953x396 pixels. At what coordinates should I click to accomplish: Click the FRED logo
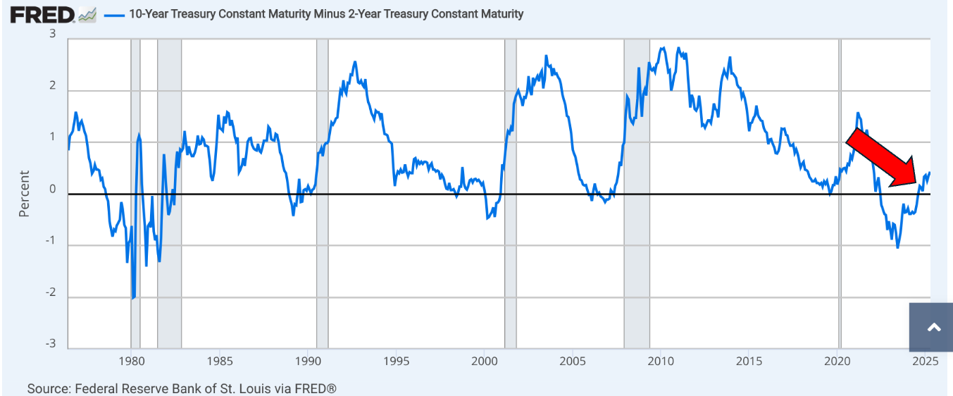[x=42, y=14]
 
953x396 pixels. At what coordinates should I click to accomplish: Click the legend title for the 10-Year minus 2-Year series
[x=326, y=14]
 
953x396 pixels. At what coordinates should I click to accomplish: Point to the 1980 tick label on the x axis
[x=131, y=362]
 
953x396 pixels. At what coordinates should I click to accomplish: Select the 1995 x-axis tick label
[x=397, y=362]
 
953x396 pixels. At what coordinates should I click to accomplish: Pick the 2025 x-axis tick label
[x=925, y=362]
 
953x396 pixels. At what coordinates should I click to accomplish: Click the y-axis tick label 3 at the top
[x=52, y=35]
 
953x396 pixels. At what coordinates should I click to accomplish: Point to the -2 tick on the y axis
[x=50, y=292]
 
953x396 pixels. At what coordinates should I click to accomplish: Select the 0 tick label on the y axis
[x=52, y=189]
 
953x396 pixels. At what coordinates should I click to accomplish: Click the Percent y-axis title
[x=25, y=193]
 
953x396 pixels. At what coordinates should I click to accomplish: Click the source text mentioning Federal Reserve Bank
[x=182, y=388]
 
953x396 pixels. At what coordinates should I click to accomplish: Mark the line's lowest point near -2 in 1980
[x=132, y=298]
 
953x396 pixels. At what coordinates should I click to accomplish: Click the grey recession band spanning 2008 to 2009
[x=637, y=194]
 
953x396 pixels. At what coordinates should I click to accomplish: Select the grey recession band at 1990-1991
[x=322, y=194]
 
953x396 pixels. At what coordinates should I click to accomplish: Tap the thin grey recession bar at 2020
[x=840, y=194]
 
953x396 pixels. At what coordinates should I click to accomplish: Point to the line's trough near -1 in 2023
[x=897, y=247]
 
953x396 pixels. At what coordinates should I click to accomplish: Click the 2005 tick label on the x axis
[x=573, y=362]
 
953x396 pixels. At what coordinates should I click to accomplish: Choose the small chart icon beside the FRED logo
[x=87, y=15]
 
